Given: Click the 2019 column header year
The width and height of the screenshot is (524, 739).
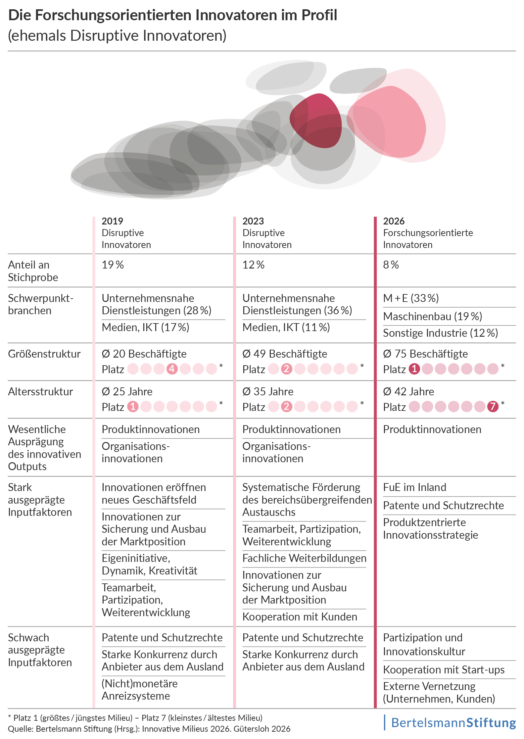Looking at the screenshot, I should [112, 221].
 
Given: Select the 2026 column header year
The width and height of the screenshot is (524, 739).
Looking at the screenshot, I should [394, 221].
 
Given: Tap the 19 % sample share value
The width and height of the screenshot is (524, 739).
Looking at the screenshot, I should [113, 265].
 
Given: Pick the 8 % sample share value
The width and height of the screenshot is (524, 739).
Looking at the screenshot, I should [391, 265].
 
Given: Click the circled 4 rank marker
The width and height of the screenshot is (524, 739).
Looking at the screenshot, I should [172, 369].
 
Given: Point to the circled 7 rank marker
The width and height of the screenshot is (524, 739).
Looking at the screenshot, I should [493, 406].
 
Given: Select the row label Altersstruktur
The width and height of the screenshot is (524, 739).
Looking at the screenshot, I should [40, 392].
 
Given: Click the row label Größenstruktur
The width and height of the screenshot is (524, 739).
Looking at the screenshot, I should [44, 354].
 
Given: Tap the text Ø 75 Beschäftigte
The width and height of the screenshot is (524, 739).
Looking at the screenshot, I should [425, 354].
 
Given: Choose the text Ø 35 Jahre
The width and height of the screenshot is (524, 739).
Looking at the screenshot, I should [268, 392].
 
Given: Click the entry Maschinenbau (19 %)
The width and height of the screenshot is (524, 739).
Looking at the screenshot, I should [432, 317].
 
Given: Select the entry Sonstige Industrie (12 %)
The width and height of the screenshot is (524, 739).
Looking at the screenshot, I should [440, 333].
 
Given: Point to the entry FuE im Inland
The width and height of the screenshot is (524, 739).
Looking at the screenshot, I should [414, 487].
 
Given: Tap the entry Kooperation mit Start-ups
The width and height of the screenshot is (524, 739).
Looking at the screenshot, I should [444, 670].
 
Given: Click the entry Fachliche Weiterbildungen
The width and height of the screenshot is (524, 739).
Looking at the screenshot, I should [304, 558].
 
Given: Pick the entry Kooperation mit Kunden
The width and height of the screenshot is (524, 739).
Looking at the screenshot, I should [300, 617].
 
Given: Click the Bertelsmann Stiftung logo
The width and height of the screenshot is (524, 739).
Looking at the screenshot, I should [453, 723].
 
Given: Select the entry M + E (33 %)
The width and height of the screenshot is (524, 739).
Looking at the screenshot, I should [411, 298].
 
